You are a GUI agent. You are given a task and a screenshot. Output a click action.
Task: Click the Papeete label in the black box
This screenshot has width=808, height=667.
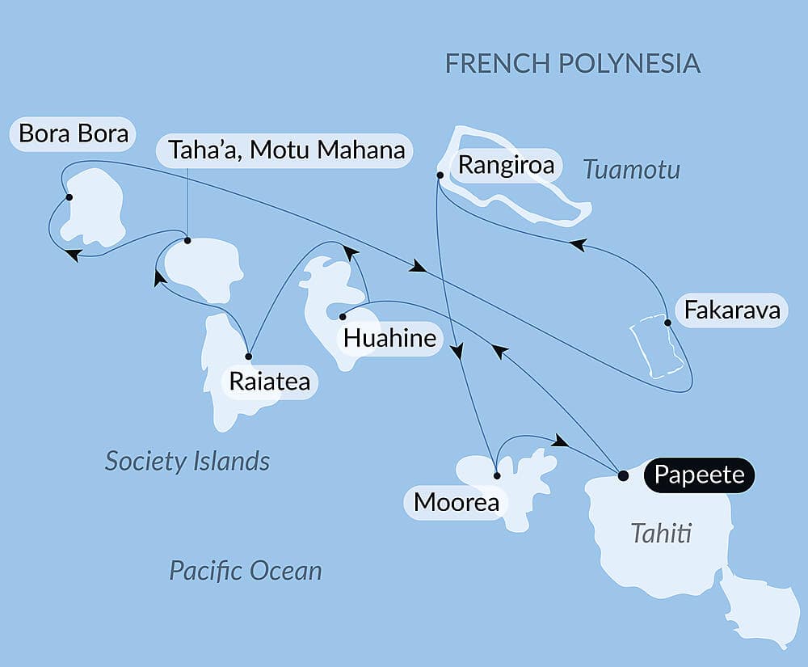[699, 475]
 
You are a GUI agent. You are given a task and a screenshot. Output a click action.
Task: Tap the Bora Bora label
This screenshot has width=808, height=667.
[74, 133]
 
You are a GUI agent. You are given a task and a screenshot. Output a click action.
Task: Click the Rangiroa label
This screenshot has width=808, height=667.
[506, 166]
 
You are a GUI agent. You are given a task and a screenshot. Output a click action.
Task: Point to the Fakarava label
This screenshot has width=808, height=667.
[732, 310]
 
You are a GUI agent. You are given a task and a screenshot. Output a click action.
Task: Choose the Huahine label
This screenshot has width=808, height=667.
[389, 338]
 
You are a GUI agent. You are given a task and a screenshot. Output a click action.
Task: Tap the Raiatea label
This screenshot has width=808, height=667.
[269, 382]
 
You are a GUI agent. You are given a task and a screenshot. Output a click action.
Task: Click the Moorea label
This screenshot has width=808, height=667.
[456, 503]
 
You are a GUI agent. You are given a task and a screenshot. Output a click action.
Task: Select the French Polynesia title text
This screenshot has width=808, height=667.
[572, 64]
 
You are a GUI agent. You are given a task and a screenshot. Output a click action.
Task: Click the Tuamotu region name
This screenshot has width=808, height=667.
[631, 170]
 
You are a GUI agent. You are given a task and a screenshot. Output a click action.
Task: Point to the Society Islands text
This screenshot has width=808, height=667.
[187, 462]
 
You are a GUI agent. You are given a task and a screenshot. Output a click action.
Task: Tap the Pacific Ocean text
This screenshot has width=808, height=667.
[245, 571]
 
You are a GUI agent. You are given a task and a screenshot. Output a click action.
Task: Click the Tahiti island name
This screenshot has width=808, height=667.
[660, 534]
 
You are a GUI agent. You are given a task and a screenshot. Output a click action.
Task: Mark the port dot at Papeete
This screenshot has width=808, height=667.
[623, 475]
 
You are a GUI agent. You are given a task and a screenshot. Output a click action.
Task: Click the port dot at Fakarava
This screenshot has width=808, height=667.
[667, 323]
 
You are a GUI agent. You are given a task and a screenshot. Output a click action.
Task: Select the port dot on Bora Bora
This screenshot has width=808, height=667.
[69, 197]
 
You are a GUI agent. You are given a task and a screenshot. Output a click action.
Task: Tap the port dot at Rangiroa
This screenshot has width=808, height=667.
[440, 175]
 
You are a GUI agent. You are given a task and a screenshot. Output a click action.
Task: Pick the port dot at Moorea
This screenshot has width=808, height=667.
[497, 475]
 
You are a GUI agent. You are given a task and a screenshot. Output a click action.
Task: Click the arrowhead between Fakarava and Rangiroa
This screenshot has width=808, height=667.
[577, 244]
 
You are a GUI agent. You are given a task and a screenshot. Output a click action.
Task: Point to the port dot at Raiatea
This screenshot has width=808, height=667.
[249, 356]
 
